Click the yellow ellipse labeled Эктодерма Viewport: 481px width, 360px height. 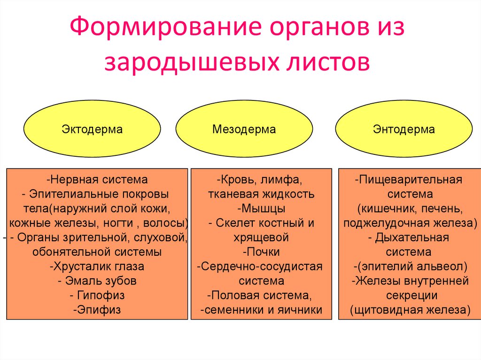coord(92,129)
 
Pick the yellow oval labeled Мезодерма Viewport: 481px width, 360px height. coord(244,129)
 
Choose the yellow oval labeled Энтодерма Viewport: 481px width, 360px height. coord(404,129)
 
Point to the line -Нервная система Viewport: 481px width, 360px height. coord(97,179)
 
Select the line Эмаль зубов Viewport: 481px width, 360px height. coord(97,281)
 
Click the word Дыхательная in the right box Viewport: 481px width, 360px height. coord(412,237)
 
